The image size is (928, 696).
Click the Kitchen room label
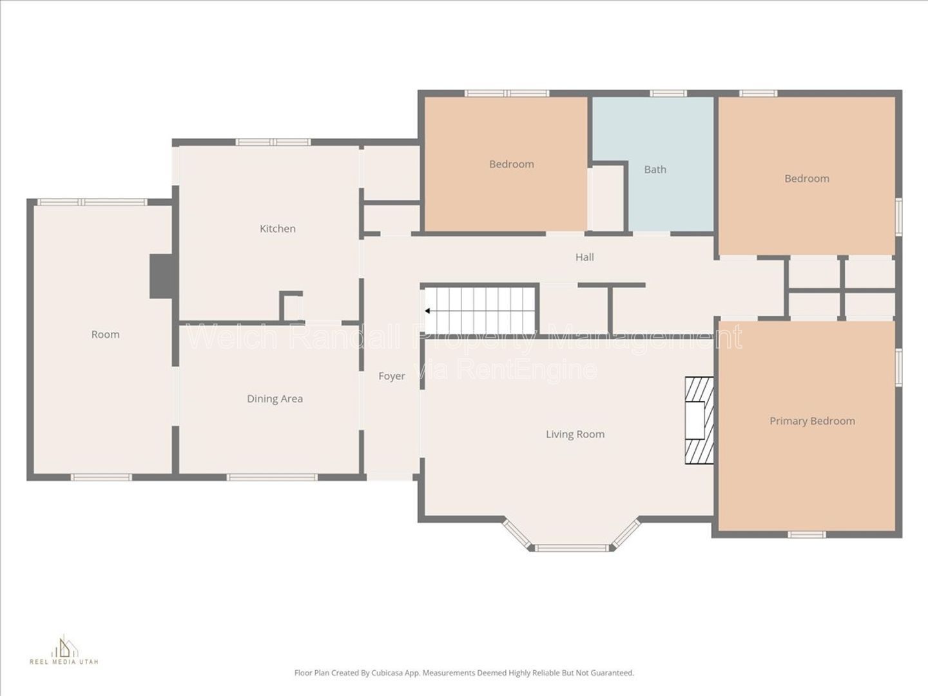pyautogui.click(x=277, y=229)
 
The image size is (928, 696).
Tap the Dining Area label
pyautogui.click(x=275, y=399)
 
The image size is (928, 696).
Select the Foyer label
pyautogui.click(x=391, y=376)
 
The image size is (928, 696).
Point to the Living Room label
pyautogui.click(x=575, y=434)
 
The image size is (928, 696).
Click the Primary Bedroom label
pyautogui.click(x=812, y=421)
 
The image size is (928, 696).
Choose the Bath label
pyautogui.click(x=655, y=169)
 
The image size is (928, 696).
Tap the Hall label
pyautogui.click(x=585, y=257)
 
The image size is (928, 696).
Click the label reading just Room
pyautogui.click(x=105, y=334)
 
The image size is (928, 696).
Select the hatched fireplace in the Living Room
pyautogui.click(x=699, y=420)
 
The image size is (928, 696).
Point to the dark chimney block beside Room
pyautogui.click(x=161, y=276)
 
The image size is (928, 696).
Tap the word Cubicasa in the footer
pyautogui.click(x=387, y=684)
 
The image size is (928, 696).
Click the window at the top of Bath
pyautogui.click(x=668, y=93)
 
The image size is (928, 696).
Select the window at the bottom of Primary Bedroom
pyautogui.click(x=807, y=535)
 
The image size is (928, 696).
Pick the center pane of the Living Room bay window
pyautogui.click(x=572, y=548)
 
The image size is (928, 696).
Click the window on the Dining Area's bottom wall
pyautogui.click(x=272, y=477)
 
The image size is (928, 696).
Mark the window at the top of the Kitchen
pyautogui.click(x=273, y=142)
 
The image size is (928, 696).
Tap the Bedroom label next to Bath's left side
pyautogui.click(x=512, y=164)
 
